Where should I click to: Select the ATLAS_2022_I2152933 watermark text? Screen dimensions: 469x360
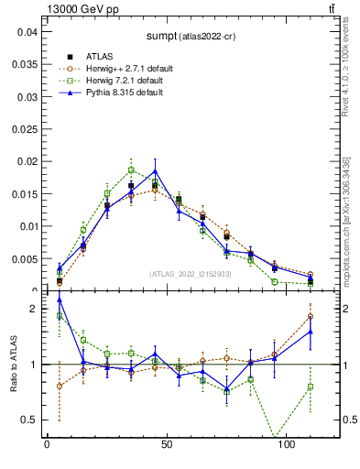pyautogui.click(x=191, y=273)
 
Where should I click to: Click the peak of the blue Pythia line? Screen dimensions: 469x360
pyautogui.click(x=155, y=171)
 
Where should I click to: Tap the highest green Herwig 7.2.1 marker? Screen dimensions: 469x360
pyautogui.click(x=131, y=169)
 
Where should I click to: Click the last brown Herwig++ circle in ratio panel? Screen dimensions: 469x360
pyautogui.click(x=311, y=316)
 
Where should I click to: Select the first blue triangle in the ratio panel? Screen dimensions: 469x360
pyautogui.click(x=60, y=300)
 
